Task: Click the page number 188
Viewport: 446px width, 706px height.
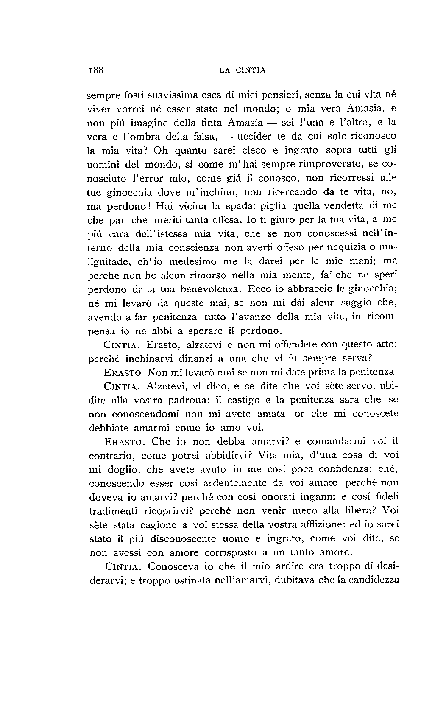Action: (x=96, y=70)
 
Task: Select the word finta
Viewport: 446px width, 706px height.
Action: (x=212, y=123)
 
